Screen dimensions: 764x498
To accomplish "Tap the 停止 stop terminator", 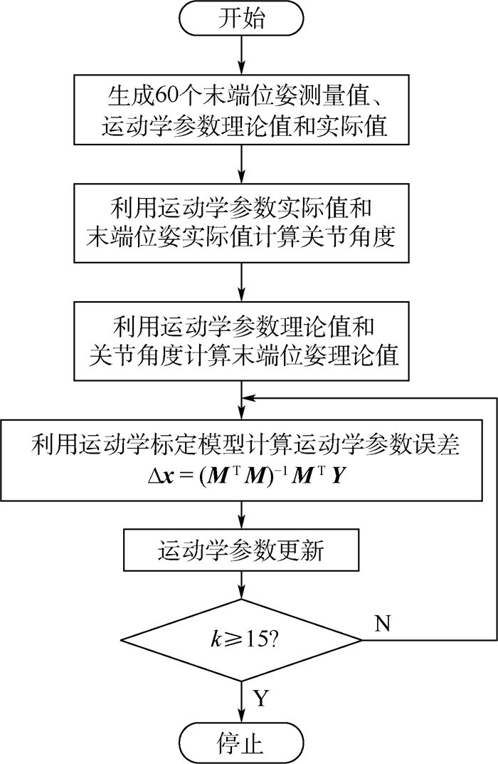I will pyautogui.click(x=243, y=743).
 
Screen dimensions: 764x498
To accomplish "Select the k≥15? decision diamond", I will pyautogui.click(x=243, y=639).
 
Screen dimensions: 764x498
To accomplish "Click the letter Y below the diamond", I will pyautogui.click(x=261, y=698).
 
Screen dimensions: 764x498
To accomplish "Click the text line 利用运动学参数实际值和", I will pyautogui.click(x=243, y=208).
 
